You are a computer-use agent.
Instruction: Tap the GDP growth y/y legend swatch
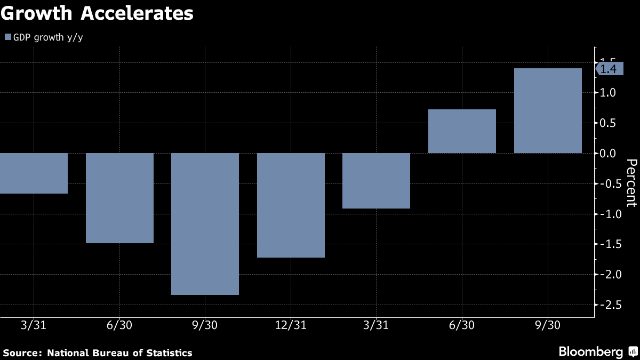coord(7,37)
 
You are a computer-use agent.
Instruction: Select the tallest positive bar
coord(548,111)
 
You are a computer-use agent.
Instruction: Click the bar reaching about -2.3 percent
coord(205,224)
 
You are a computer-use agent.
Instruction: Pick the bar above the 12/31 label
coord(291,205)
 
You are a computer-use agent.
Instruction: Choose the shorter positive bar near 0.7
coord(462,131)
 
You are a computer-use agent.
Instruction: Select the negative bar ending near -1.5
coord(119,198)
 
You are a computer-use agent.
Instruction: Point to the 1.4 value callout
coord(609,69)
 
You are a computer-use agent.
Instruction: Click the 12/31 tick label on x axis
coord(291,325)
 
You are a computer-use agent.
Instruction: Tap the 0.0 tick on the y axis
coord(609,154)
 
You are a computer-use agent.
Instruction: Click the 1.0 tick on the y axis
coord(609,93)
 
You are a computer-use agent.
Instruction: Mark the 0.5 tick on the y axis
coord(609,123)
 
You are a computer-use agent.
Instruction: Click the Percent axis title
coord(631,183)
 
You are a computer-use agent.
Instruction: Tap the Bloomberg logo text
coord(590,352)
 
